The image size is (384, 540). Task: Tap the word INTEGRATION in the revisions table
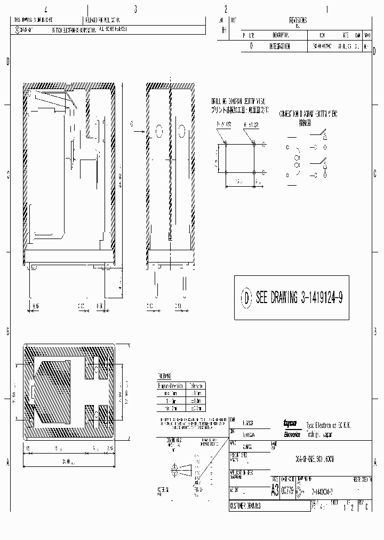tap(280, 46)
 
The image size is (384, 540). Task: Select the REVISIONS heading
tap(298, 20)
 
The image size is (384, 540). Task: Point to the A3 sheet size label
tap(275, 489)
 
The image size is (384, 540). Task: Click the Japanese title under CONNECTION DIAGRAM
tap(304, 122)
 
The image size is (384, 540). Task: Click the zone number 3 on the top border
tap(135, 9)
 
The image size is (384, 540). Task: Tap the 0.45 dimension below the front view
tap(36, 306)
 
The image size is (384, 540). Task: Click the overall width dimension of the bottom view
tap(66, 460)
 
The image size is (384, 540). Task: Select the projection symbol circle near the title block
tap(173, 470)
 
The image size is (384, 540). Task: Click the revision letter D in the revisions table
tap(251, 46)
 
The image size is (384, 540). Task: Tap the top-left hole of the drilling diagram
tap(226, 144)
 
